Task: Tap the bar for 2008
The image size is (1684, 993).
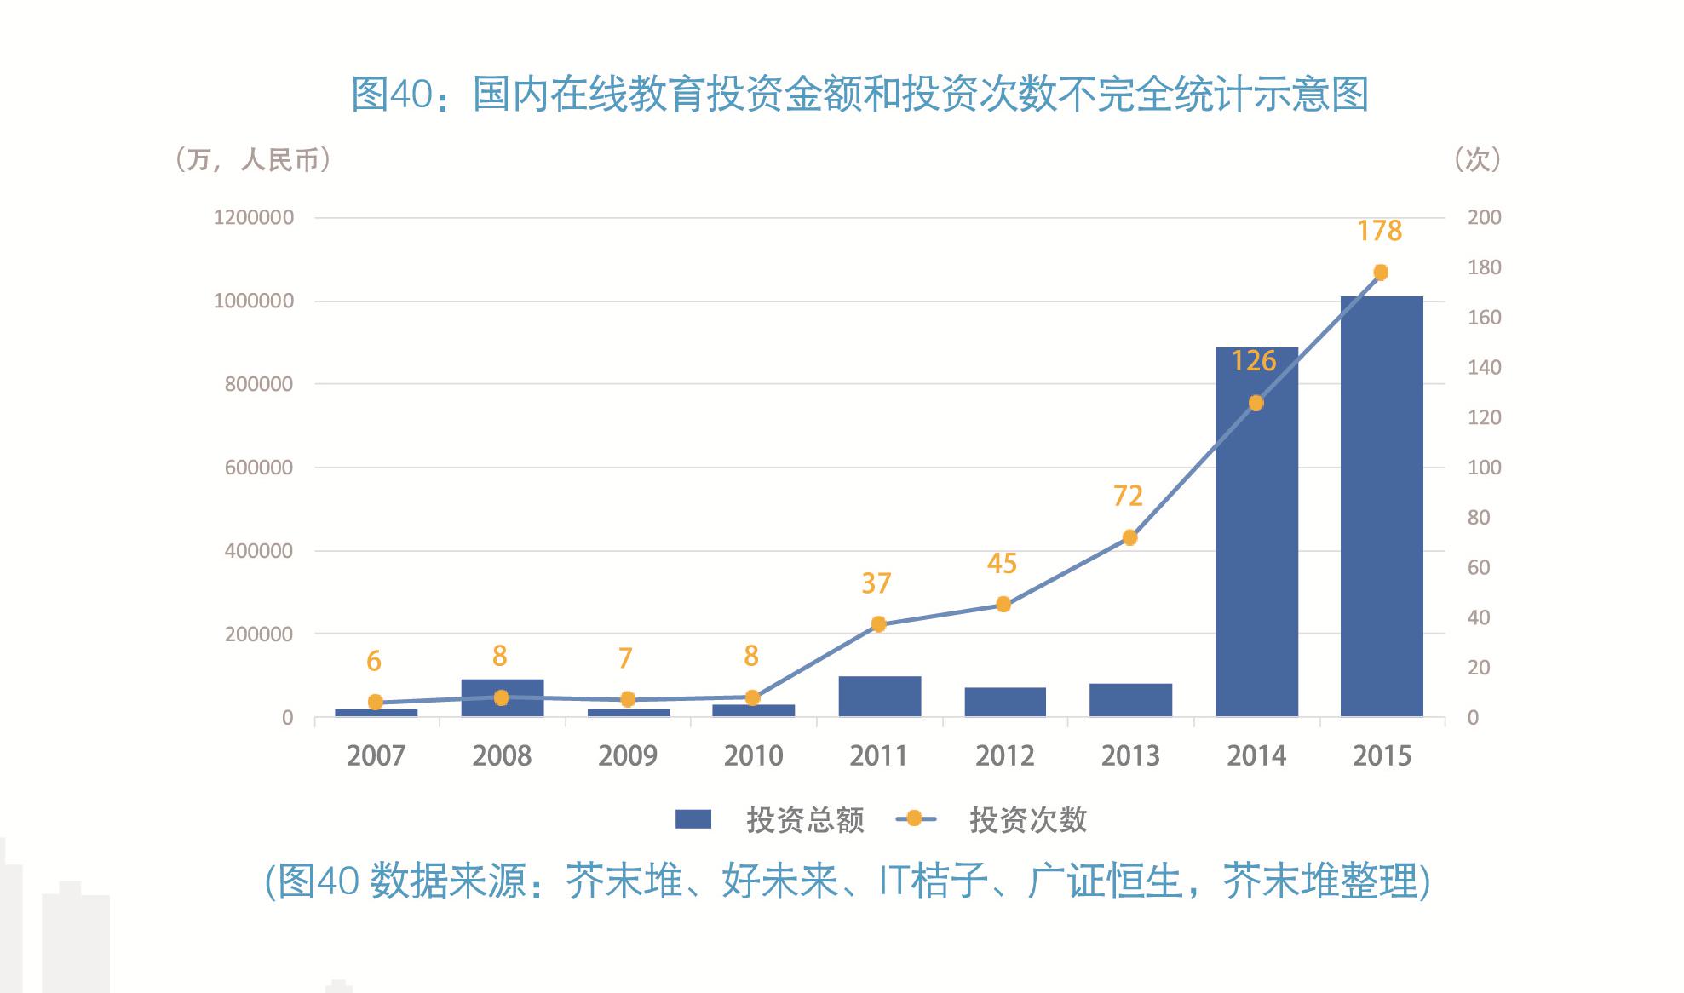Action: coord(502,698)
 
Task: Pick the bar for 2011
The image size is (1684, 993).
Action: coord(879,697)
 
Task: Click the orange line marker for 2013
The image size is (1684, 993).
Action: coord(1129,537)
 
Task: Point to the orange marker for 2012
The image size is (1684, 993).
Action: coord(1003,605)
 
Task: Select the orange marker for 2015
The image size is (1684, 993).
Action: coord(1381,273)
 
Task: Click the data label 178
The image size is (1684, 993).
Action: coord(1379,231)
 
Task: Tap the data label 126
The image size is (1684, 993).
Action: coord(1254,361)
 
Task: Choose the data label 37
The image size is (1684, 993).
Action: coord(876,583)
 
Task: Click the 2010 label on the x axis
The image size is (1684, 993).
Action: coord(753,755)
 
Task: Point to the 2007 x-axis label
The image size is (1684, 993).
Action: coord(376,755)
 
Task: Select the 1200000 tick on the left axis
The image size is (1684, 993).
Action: coord(253,218)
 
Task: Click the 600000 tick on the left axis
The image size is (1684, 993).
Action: coord(258,468)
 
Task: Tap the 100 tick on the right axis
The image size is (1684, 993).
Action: coord(1484,468)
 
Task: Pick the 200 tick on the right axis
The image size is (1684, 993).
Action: coord(1484,218)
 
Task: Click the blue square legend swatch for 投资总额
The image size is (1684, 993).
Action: coord(693,819)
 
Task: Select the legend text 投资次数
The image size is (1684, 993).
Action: coord(1028,820)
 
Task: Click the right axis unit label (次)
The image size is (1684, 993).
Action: coord(1477,159)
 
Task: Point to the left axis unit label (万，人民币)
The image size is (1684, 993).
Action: coord(252,159)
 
